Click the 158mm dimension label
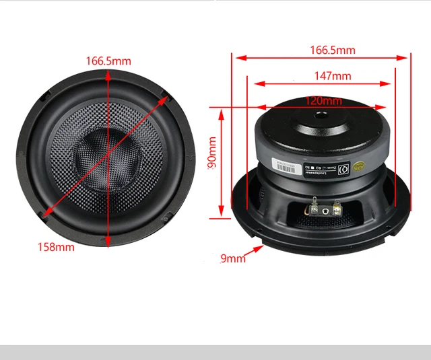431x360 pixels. pyautogui.click(x=55, y=246)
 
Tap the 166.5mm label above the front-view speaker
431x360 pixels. pyautogui.click(x=108, y=61)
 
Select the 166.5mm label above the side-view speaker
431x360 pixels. pyautogui.click(x=332, y=50)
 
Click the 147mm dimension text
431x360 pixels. pyautogui.click(x=333, y=76)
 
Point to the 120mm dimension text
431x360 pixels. pyautogui.click(x=324, y=100)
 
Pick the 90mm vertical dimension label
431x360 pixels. pyautogui.click(x=212, y=153)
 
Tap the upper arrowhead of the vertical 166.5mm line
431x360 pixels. pyautogui.click(x=108, y=73)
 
